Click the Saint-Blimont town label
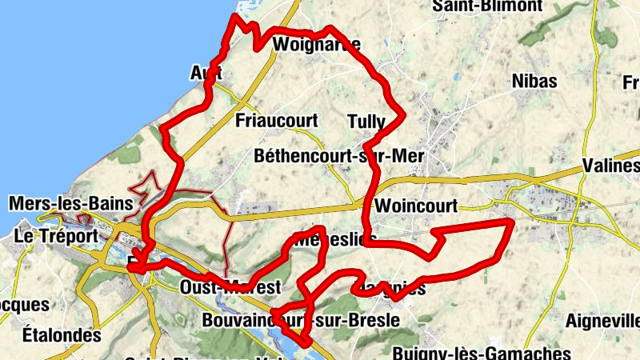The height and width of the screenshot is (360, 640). click(x=487, y=6)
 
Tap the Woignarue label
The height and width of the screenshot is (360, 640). click(x=316, y=45)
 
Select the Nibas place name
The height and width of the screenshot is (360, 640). click(x=534, y=81)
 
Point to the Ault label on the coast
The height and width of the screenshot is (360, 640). click(x=206, y=74)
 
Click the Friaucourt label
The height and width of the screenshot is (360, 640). click(x=277, y=121)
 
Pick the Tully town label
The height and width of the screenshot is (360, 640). click(x=366, y=121)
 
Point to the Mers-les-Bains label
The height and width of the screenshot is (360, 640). click(x=70, y=204)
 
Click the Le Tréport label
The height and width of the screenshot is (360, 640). click(x=56, y=236)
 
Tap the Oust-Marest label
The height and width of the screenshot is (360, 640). click(x=231, y=286)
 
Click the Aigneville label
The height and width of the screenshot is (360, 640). click(x=602, y=320)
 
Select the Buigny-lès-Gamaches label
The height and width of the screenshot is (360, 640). click(x=482, y=353)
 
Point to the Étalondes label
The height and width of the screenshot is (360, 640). click(x=62, y=334)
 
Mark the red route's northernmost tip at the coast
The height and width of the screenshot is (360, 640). click(x=235, y=17)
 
